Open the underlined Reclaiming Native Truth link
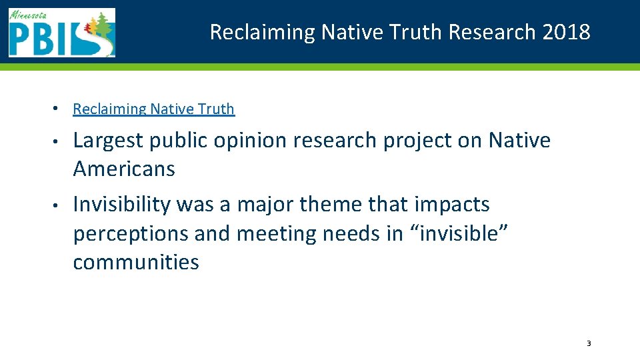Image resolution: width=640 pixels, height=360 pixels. pos(153,109)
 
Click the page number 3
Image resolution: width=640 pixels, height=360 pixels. pos(589,343)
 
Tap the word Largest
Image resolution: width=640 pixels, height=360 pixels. pos(109,141)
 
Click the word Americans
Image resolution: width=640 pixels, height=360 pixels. pos(124,169)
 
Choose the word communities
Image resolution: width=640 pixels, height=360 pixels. pos(136,262)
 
